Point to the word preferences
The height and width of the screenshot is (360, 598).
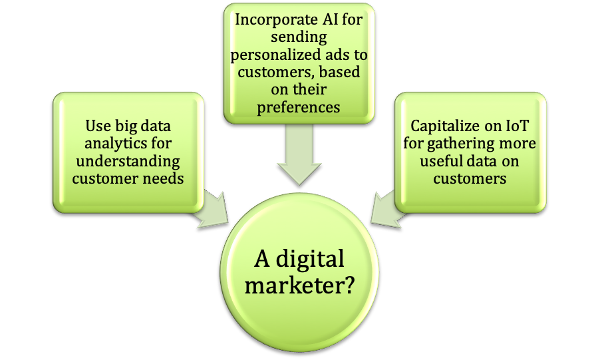[x=298, y=108]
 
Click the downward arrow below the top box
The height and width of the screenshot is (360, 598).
[x=299, y=154]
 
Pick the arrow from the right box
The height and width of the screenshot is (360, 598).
[x=386, y=210]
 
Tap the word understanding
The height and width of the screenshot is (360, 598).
[x=128, y=162]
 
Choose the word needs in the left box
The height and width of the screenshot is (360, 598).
[x=166, y=178]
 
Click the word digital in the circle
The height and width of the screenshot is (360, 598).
[x=310, y=260]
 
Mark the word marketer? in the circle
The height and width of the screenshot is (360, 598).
[x=299, y=285]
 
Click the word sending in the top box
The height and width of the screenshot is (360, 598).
[x=299, y=38]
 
